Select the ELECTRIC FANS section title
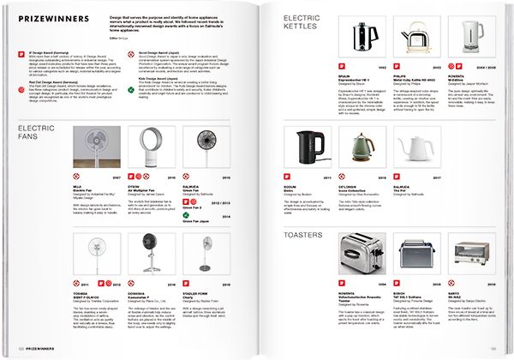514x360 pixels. [x=35, y=132]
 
